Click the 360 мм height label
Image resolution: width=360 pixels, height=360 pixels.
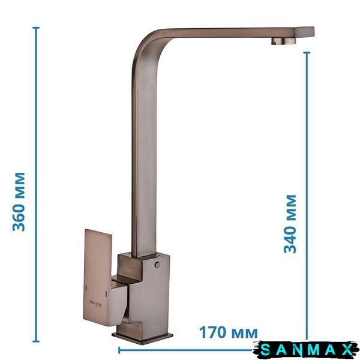tap(19, 202)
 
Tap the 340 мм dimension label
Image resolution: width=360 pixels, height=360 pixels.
tap(290, 224)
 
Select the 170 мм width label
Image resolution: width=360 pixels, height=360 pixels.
tap(228, 332)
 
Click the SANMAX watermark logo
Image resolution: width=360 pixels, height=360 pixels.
tap(306, 350)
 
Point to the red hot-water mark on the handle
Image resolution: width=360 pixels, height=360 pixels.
tap(86, 287)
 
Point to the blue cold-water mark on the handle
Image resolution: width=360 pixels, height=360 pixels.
tap(106, 293)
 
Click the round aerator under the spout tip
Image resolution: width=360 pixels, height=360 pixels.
tap(284, 41)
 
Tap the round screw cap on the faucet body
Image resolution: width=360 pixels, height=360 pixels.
tap(157, 265)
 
